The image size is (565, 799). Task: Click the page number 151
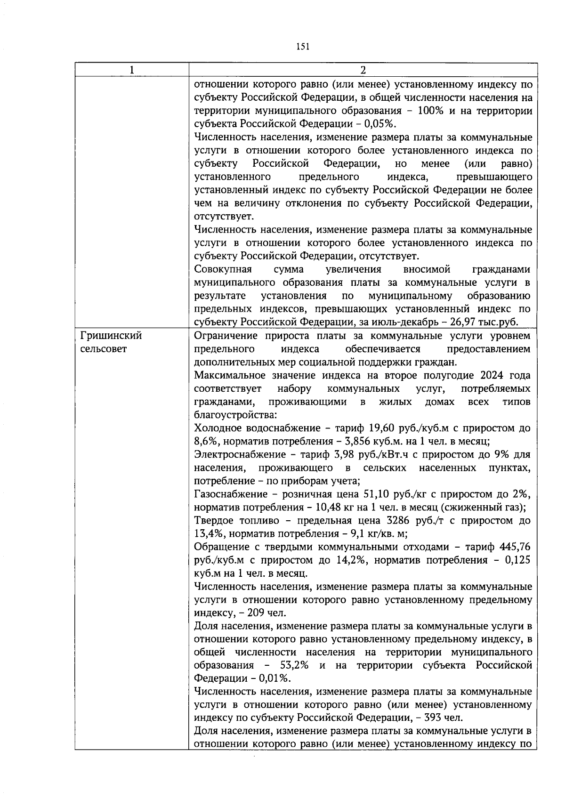click(303, 46)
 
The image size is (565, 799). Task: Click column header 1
click(132, 70)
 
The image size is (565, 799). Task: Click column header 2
click(363, 70)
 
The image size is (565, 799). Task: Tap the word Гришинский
click(111, 336)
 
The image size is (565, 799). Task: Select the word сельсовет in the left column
click(104, 349)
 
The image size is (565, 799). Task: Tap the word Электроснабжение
click(234, 454)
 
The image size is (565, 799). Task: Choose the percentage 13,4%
click(207, 533)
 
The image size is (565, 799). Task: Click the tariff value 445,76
click(515, 547)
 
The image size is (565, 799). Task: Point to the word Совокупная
click(223, 269)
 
